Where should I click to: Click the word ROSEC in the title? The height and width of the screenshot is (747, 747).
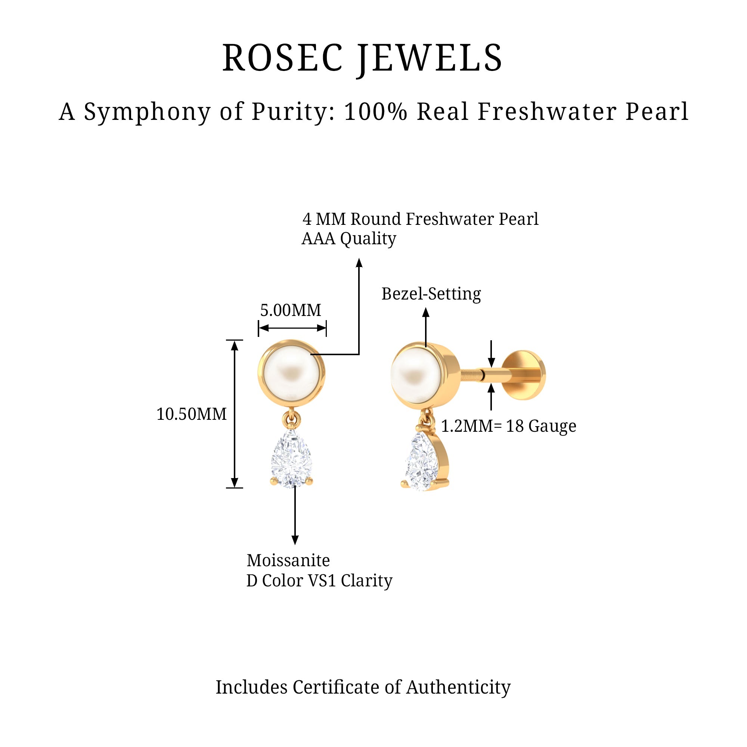[282, 58]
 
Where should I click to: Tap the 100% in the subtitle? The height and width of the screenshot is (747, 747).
[375, 112]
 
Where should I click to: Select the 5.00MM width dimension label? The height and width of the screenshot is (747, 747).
[290, 310]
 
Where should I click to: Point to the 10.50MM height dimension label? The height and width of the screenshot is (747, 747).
[191, 414]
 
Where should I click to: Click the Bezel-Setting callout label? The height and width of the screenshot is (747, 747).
[431, 294]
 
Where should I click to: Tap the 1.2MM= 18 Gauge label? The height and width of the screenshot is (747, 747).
[508, 426]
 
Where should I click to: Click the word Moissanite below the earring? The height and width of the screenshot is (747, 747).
[288, 560]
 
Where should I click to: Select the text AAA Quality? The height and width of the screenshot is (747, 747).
[349, 239]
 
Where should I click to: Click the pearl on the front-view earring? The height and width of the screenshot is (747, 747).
[291, 373]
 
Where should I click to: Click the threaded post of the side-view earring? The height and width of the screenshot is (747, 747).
[472, 374]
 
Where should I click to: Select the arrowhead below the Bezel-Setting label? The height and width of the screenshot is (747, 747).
[426, 312]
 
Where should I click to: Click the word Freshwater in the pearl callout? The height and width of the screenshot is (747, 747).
[449, 219]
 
